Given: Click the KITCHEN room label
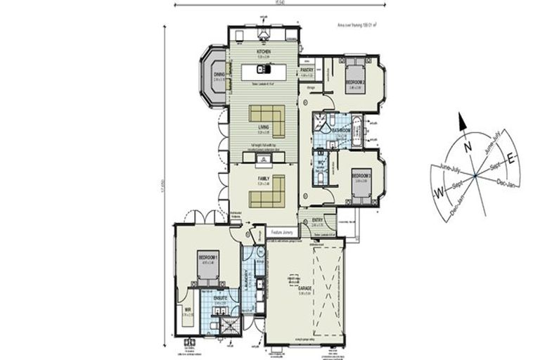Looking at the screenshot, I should tap(264, 52).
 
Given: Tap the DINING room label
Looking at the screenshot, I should tap(219, 74).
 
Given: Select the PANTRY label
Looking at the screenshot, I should tap(307, 70).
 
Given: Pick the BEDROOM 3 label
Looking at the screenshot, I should tap(360, 174).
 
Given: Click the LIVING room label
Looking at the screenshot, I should tap(264, 127).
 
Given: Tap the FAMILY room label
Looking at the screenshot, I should tap(264, 179).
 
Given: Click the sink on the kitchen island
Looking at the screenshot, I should tap(262, 69).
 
